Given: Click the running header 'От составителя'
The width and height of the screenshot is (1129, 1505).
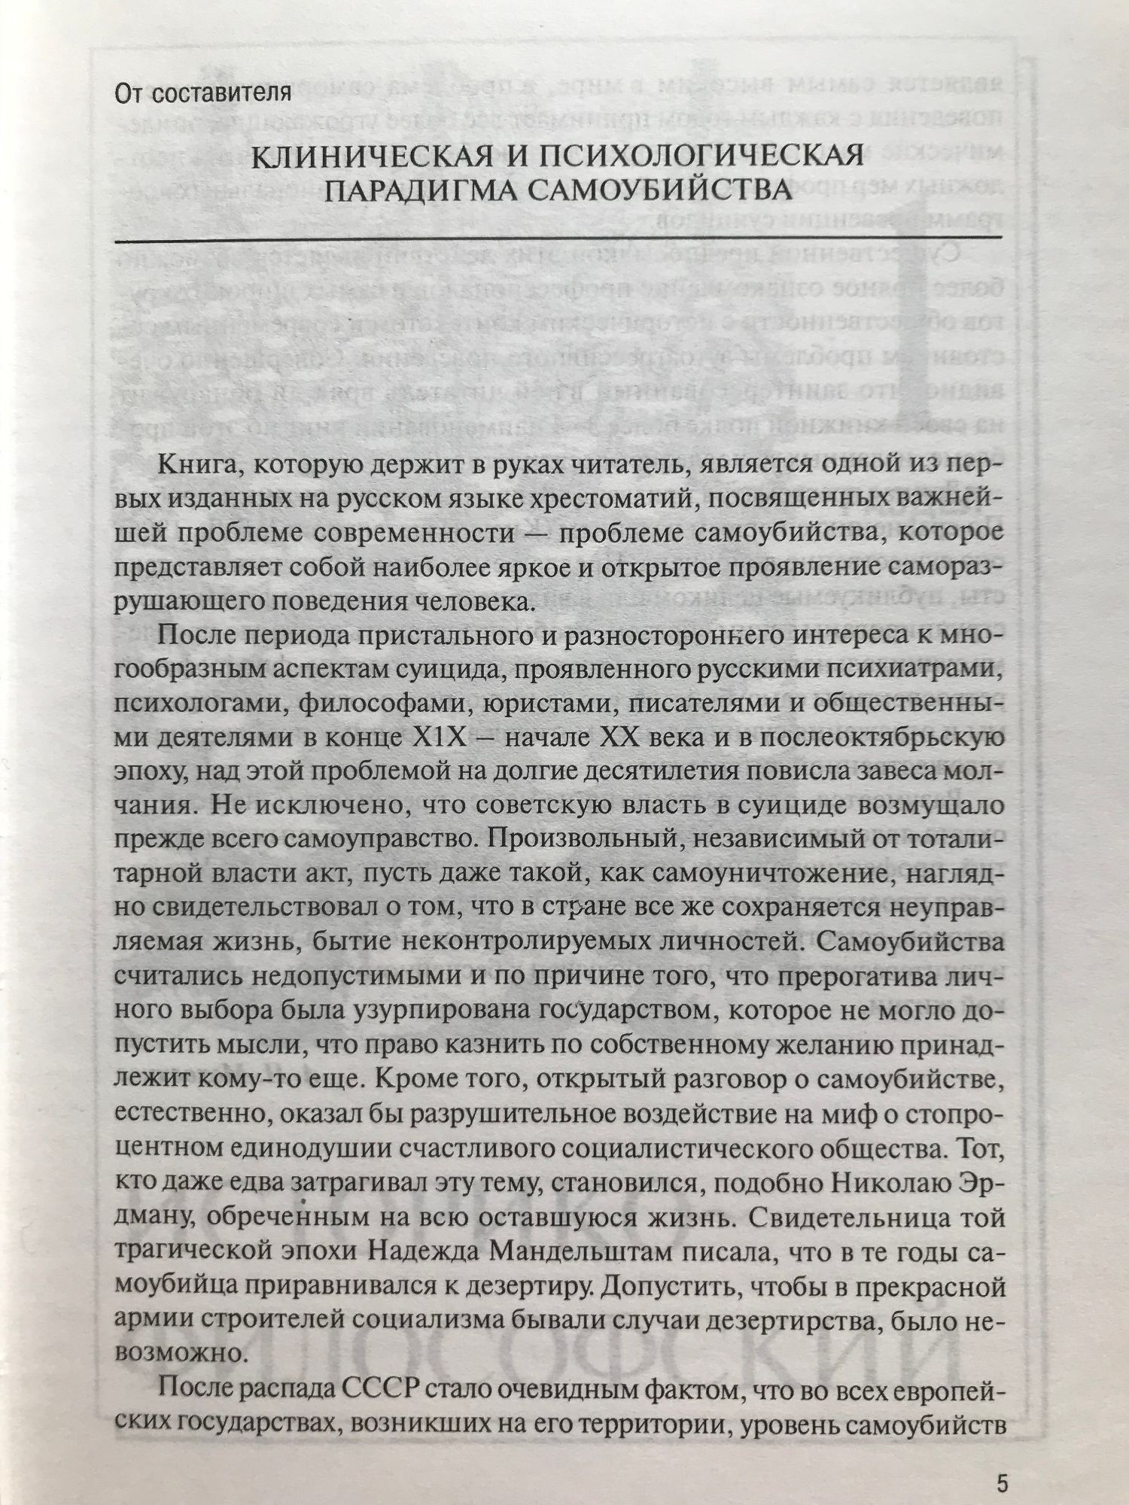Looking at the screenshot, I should (x=202, y=94).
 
